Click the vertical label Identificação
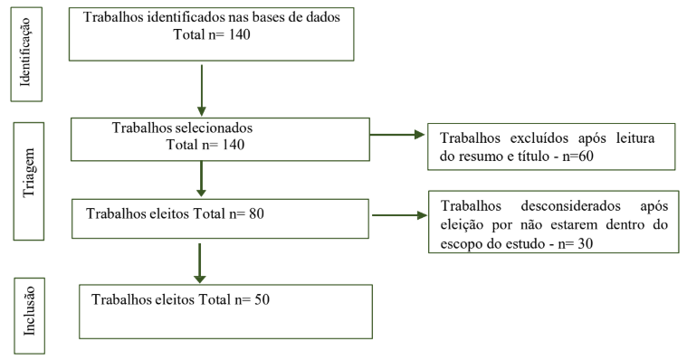tap(25, 52)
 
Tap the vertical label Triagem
tap(28, 173)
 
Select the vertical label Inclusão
tap(29, 311)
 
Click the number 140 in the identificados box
tap(239, 34)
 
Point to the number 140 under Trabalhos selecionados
tap(234, 145)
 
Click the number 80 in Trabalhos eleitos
tap(256, 213)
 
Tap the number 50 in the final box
tap(262, 299)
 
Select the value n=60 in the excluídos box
tap(577, 156)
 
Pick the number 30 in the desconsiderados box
tap(586, 243)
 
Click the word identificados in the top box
tap(187, 17)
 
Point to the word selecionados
tap(214, 128)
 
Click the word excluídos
tap(539, 138)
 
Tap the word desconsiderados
tap(571, 206)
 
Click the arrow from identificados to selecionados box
tap(202, 90)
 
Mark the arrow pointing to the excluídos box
tap(397, 135)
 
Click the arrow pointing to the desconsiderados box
tap(399, 215)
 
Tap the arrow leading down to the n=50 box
tap(199, 263)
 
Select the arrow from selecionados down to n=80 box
tap(201, 179)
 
